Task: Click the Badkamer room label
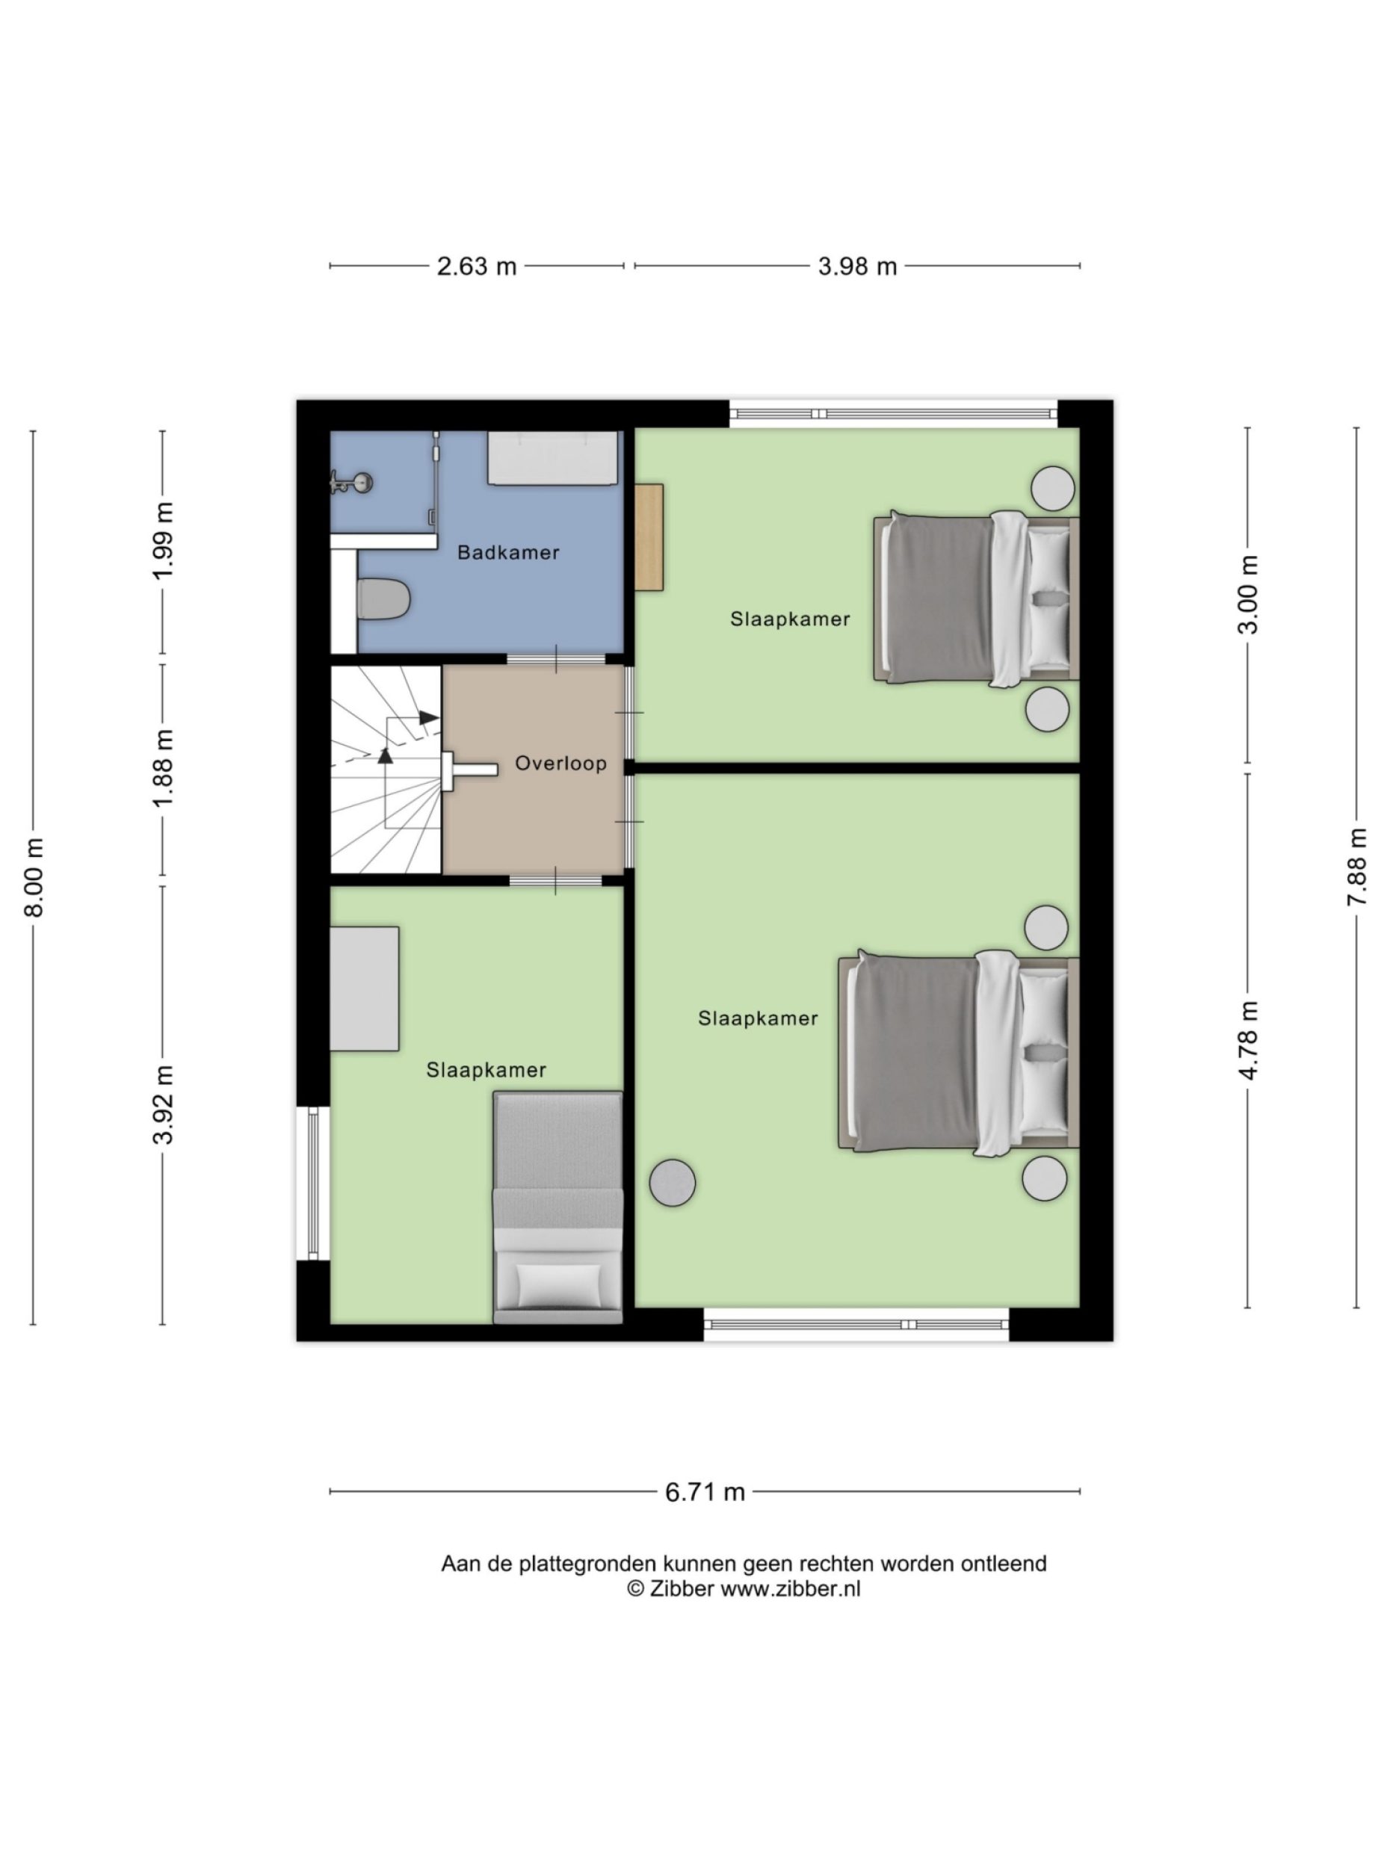coord(507,552)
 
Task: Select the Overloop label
coord(560,763)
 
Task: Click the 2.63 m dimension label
coord(476,267)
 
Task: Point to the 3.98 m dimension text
coord(856,267)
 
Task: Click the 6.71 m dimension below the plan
coord(705,1492)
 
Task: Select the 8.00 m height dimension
coord(34,876)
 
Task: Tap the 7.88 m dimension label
coord(1356,866)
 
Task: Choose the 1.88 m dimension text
coord(163,767)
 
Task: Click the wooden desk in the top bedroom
coord(649,537)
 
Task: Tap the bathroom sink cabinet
coord(553,457)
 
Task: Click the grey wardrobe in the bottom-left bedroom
coord(364,988)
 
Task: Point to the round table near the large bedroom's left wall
coord(672,1182)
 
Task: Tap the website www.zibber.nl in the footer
coord(790,1588)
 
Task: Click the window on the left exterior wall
coord(312,1182)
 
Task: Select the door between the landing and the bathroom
coord(555,659)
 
